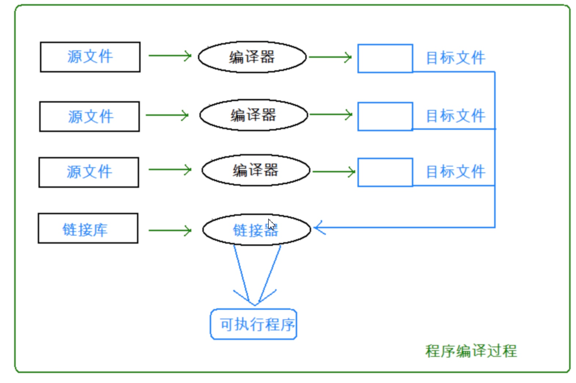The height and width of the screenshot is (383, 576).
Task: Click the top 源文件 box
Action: coord(90,57)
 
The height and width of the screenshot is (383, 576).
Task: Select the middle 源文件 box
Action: coord(90,116)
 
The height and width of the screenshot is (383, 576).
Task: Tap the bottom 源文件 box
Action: coord(89,172)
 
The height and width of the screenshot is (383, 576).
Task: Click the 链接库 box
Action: coord(88,228)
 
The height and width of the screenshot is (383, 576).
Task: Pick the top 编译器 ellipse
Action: coord(252,57)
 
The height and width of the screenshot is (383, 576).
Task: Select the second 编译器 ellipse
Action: coord(253,115)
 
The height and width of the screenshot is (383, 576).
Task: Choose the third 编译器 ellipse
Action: coord(256,170)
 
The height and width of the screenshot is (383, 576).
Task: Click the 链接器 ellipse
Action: coord(256,229)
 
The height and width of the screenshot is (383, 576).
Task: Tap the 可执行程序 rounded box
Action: coord(253,324)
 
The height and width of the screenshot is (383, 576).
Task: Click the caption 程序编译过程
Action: coord(471,351)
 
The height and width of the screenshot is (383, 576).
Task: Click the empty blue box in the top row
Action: coord(385,59)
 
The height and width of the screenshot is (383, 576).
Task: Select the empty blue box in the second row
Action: coord(385,116)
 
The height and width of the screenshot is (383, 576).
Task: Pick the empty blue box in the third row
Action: coord(385,172)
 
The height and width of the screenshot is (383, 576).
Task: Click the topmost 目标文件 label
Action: coord(455,58)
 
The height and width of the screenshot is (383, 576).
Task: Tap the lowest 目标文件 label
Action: coord(455,172)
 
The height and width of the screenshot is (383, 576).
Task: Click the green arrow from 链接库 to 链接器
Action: coord(169,230)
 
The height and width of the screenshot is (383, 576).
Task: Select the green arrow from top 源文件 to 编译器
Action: coord(169,56)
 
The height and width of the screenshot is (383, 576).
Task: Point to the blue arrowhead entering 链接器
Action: coord(319,227)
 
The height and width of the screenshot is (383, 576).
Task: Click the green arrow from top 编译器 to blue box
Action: coord(330,58)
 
